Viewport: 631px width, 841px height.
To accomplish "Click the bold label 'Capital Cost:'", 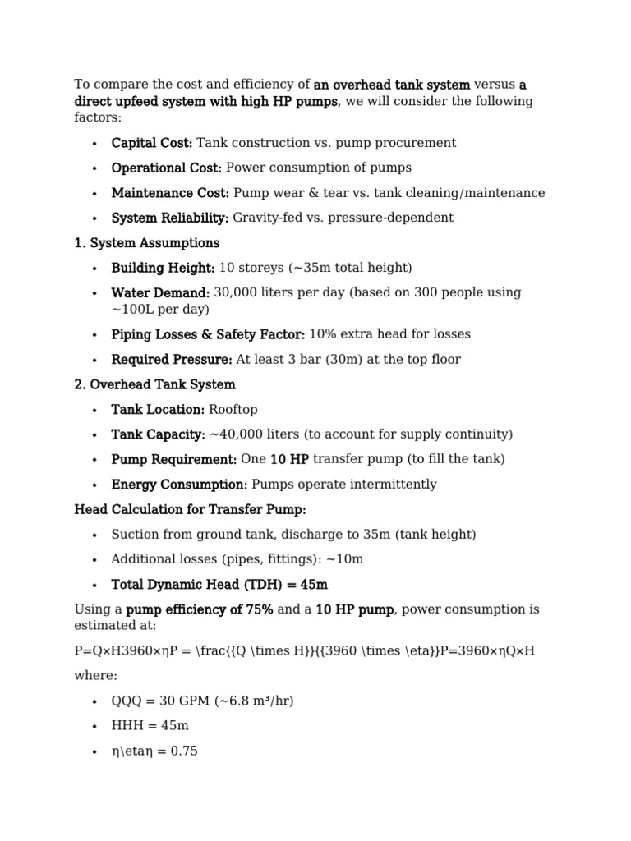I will [151, 143].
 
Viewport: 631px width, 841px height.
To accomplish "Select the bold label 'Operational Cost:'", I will [166, 168].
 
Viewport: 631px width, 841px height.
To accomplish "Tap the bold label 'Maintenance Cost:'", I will [170, 193].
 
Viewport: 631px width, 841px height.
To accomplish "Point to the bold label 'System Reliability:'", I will [170, 218].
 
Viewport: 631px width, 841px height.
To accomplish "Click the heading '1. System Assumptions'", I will [147, 243].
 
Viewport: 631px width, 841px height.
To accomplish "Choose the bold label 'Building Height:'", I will [163, 268].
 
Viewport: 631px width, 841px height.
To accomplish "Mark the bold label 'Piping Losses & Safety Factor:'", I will [208, 334].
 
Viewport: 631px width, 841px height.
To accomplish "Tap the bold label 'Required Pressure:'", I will [172, 359].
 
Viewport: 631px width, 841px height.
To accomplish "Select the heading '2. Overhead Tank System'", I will [154, 384].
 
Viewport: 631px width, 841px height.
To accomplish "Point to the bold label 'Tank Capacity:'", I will [159, 434].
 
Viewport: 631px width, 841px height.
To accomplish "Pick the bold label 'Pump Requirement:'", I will [174, 459].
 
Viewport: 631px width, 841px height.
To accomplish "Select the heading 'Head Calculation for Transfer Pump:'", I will [190, 509].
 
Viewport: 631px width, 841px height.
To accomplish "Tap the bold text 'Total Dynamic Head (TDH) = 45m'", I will [219, 584].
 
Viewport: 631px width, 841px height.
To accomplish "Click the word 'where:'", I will [95, 676].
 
